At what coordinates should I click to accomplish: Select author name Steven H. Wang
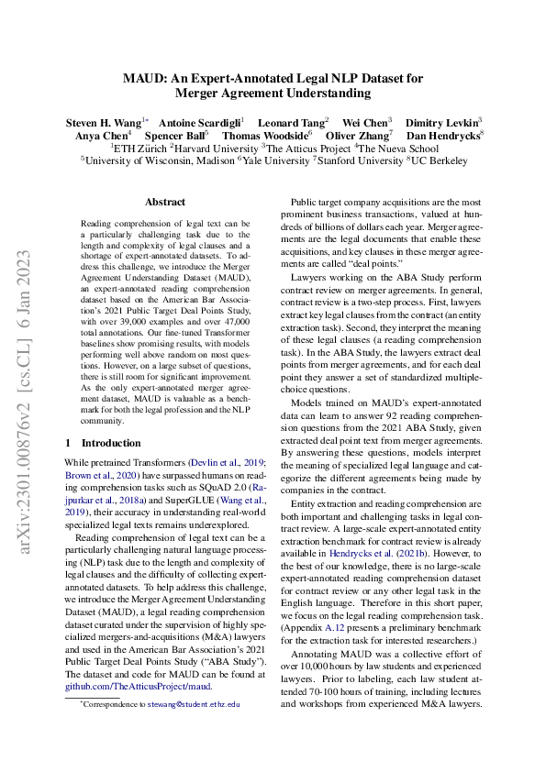pos(102,121)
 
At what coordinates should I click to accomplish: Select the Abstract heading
pos(165,202)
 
